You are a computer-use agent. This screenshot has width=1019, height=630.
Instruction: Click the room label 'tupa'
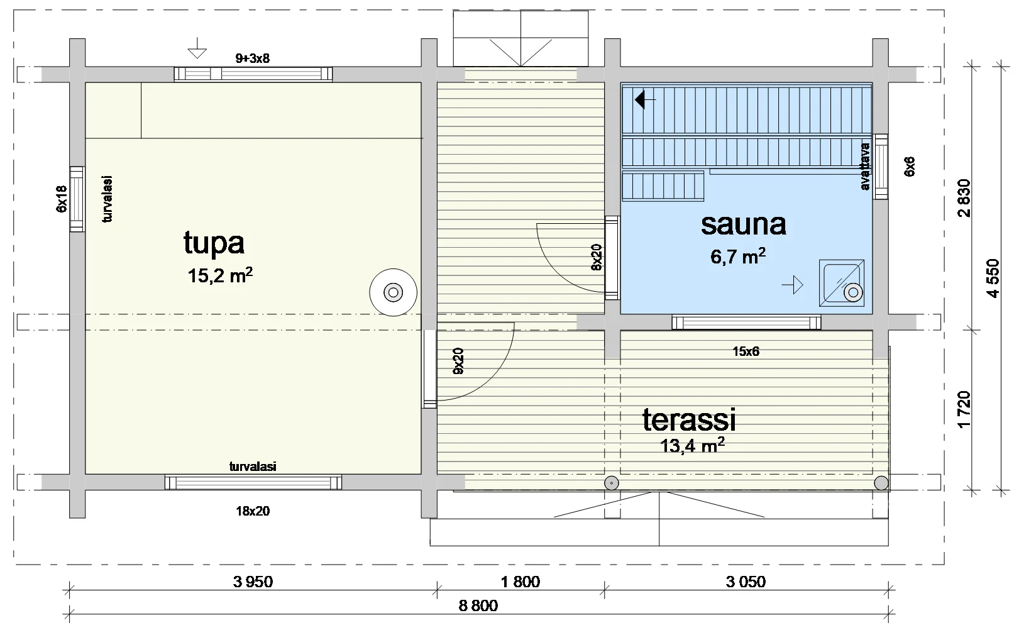click(x=214, y=243)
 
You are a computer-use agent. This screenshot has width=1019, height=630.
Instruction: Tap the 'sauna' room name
click(x=744, y=224)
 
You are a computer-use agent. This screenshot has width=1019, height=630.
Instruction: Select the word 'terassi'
click(x=689, y=420)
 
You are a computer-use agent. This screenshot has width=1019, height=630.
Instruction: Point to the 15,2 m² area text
click(x=220, y=275)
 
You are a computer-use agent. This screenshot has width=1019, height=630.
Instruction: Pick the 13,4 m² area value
click(x=693, y=446)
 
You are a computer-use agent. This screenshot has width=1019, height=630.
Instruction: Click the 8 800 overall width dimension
click(x=478, y=605)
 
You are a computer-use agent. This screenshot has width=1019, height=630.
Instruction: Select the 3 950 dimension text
click(x=253, y=582)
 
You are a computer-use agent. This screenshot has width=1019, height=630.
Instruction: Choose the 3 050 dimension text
click(x=746, y=582)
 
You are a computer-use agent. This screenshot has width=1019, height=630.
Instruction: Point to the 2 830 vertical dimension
click(x=964, y=198)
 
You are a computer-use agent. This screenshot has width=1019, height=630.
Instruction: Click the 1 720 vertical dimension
click(x=964, y=409)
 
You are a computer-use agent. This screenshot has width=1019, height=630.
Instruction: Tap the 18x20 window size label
click(x=253, y=511)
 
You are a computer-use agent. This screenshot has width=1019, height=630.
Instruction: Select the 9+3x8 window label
click(x=253, y=58)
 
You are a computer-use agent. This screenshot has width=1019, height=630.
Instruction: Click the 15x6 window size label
click(x=746, y=351)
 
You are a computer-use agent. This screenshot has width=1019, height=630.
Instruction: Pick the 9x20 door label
click(x=458, y=361)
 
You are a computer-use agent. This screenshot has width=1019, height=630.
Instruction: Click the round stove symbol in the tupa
click(x=394, y=292)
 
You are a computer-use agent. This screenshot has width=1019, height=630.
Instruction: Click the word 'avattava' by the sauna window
click(x=866, y=167)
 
